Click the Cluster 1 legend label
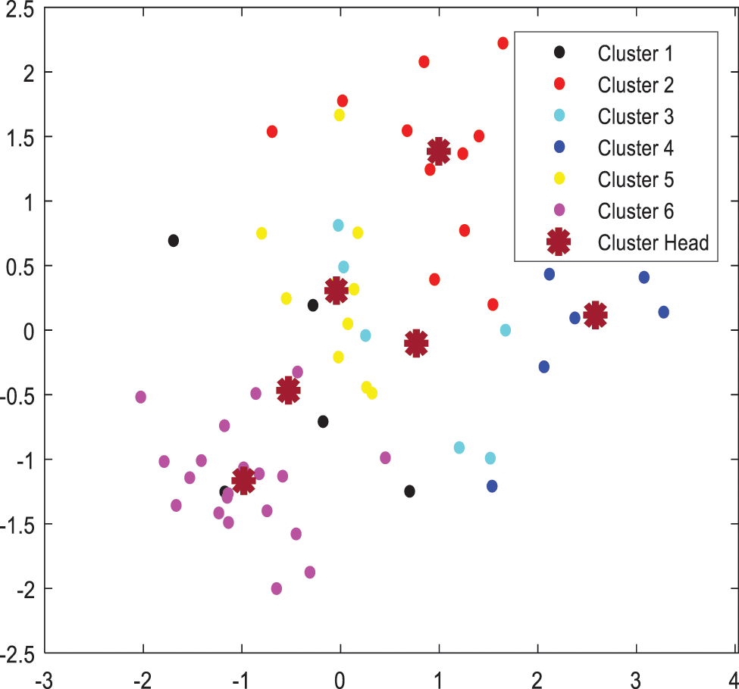(x=634, y=53)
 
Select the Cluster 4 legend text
(x=634, y=148)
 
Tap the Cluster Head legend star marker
(x=559, y=242)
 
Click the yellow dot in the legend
(x=559, y=179)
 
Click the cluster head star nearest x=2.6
(x=596, y=314)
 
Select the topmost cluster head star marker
(x=438, y=151)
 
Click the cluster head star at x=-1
(x=243, y=480)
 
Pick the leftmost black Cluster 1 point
(x=174, y=241)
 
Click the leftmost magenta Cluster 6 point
(x=141, y=397)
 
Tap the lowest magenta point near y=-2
(x=277, y=588)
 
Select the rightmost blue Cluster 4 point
(x=664, y=312)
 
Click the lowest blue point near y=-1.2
(x=492, y=486)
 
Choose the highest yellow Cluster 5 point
(x=340, y=115)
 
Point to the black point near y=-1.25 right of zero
(x=409, y=491)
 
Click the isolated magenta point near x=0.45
(x=385, y=457)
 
